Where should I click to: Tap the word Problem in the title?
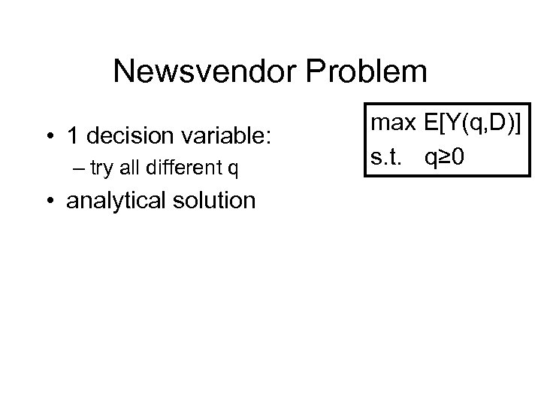377,72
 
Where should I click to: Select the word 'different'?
182,169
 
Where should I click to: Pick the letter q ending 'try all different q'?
234,171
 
